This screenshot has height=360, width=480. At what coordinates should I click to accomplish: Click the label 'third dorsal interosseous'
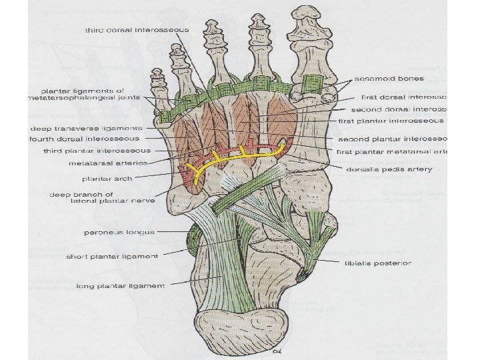click(137, 31)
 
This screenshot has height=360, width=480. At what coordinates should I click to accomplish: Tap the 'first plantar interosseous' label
click(391, 121)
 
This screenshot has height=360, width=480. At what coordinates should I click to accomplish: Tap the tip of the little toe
click(158, 75)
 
